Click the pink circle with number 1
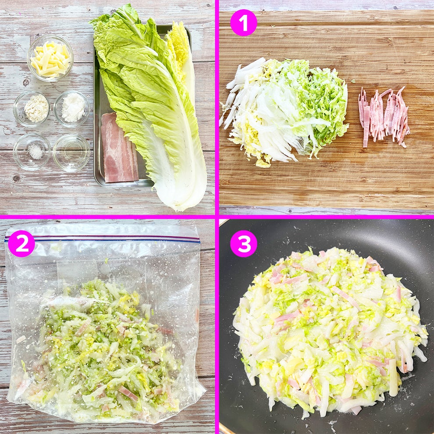point(243,22)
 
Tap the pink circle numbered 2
point(21,244)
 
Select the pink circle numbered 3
point(243,243)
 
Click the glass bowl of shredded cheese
point(50,58)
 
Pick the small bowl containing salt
point(32,152)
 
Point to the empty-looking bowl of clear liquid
point(71,153)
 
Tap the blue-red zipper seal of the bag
point(101,239)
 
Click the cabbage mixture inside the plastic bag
point(101,346)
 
